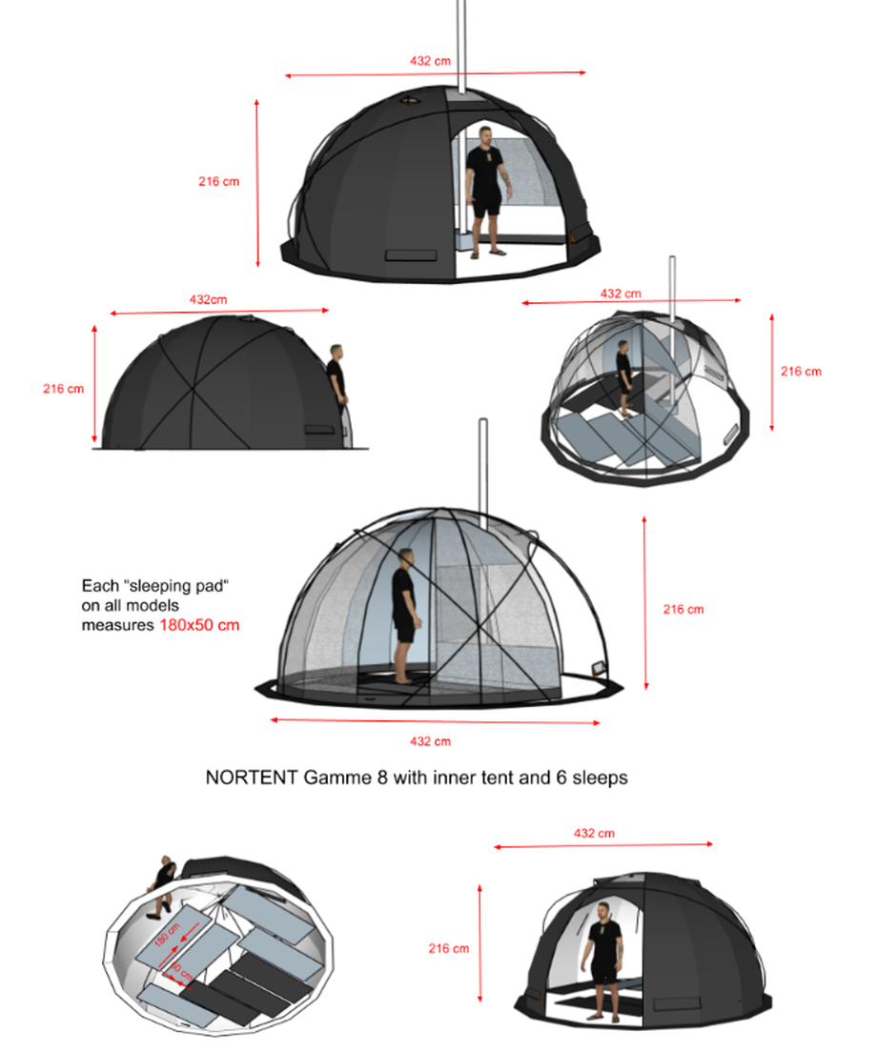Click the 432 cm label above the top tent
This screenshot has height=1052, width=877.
[430, 61]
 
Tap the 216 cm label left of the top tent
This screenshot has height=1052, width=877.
[218, 181]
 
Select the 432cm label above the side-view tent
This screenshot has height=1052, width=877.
[208, 299]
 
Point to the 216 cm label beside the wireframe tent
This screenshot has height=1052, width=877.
[801, 371]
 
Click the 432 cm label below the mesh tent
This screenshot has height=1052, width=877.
[430, 741]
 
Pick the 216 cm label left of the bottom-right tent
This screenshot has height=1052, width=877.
[449, 948]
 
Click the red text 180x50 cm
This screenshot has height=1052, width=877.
[199, 625]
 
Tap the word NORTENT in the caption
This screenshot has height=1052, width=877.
[252, 777]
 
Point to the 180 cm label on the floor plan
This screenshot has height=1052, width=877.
[167, 935]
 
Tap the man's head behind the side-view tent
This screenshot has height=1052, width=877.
[337, 352]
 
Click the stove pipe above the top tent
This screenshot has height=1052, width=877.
[461, 46]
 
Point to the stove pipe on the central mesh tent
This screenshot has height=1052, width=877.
[482, 474]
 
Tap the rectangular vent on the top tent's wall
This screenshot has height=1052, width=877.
[411, 256]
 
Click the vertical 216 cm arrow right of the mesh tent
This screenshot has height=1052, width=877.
[644, 602]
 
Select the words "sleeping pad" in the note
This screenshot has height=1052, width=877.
[176, 586]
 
